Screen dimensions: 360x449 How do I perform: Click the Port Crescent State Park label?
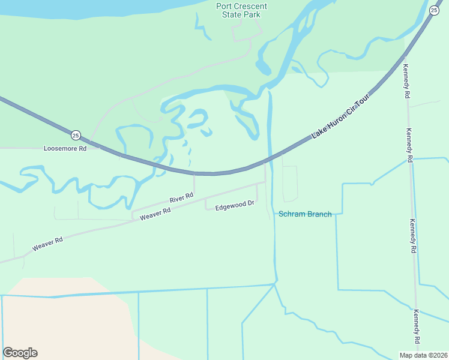point(241,10)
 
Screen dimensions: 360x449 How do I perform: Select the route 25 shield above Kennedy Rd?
point(434,10)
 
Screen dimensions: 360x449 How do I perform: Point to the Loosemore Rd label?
point(65,148)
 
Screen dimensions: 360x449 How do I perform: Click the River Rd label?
point(181,197)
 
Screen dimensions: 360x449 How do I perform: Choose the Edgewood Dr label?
point(235,204)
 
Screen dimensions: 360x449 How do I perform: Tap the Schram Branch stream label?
point(305,214)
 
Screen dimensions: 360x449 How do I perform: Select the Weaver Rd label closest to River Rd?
point(155,214)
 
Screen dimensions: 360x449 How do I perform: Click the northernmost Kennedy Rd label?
point(407,81)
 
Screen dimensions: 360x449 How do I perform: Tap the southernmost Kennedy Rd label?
point(417,327)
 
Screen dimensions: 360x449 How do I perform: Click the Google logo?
point(20,353)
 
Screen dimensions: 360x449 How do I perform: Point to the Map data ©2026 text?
point(423,355)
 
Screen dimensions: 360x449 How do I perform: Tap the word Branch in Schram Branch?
point(320,214)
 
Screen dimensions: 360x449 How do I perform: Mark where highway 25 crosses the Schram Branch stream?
point(270,158)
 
